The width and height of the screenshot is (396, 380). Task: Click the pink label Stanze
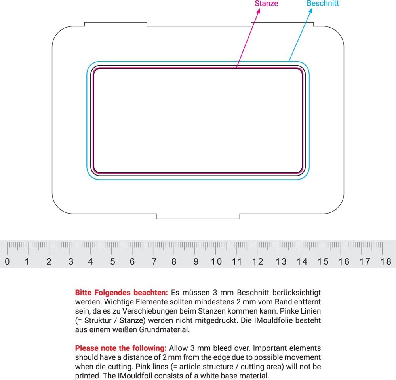[x=267, y=4]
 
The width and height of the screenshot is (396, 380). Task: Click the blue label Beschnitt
[x=323, y=4]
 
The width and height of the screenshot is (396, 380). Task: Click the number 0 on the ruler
[x=7, y=261]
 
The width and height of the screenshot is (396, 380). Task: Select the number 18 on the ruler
[x=386, y=261]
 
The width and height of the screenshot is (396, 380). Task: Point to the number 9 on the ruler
[x=196, y=261]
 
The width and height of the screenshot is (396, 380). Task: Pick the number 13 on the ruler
[x=281, y=261]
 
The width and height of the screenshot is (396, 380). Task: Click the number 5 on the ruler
[x=112, y=261]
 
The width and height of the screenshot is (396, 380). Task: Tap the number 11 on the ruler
[x=237, y=261]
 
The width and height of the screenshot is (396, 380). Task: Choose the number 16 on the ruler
[x=344, y=261]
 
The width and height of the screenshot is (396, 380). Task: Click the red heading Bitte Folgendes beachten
[x=122, y=293]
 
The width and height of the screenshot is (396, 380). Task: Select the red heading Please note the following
[x=121, y=348]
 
